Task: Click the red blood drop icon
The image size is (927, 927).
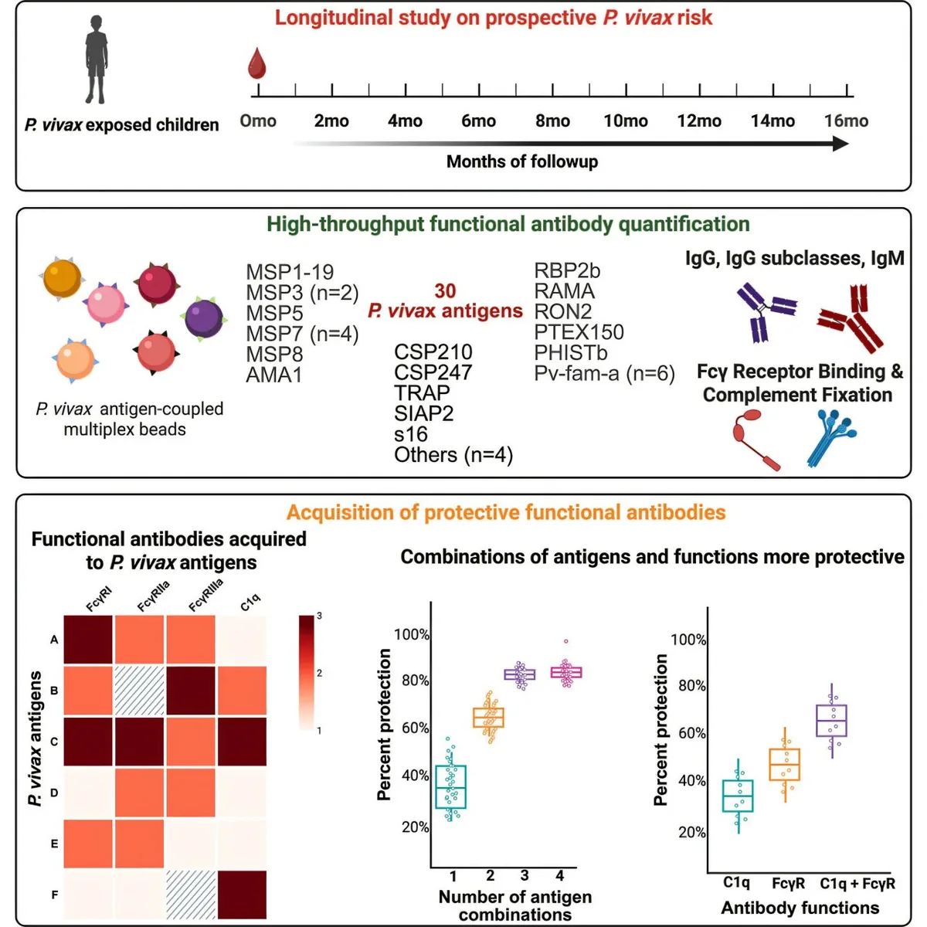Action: pyautogui.click(x=256, y=64)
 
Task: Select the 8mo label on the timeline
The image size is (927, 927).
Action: pyautogui.click(x=552, y=121)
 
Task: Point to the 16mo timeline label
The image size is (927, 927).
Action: pyautogui.click(x=846, y=121)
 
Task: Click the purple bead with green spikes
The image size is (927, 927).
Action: pyautogui.click(x=205, y=317)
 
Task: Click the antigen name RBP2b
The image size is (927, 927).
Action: pyautogui.click(x=567, y=271)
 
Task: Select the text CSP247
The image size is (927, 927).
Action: pyautogui.click(x=433, y=372)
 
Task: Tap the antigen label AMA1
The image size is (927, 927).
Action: pyautogui.click(x=273, y=375)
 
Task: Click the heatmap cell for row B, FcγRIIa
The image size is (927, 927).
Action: pyautogui.click(x=140, y=691)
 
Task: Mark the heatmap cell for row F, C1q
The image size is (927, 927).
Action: pyautogui.click(x=242, y=895)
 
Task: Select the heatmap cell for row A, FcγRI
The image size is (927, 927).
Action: pyautogui.click(x=88, y=640)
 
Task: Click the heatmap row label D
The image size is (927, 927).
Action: pyautogui.click(x=54, y=793)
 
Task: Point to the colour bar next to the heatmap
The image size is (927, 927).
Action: pyautogui.click(x=307, y=672)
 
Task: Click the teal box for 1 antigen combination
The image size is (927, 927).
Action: pyautogui.click(x=451, y=786)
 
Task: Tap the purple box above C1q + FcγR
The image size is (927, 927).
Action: pyautogui.click(x=831, y=720)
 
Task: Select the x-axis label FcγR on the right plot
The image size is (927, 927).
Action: pyautogui.click(x=788, y=884)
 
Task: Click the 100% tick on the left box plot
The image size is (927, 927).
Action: pyautogui.click(x=412, y=635)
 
